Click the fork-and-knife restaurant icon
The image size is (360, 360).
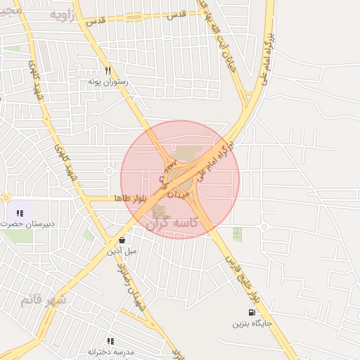click(108, 71)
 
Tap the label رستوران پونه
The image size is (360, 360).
click(107, 82)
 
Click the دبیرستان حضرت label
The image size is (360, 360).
click(27, 224)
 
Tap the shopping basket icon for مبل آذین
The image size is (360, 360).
click(122, 239)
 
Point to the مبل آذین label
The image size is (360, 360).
click(122, 250)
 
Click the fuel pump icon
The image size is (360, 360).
click(251, 313)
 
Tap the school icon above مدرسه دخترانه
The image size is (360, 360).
click(110, 341)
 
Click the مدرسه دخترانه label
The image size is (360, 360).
click(111, 352)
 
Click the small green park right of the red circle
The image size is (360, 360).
click(237, 234)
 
